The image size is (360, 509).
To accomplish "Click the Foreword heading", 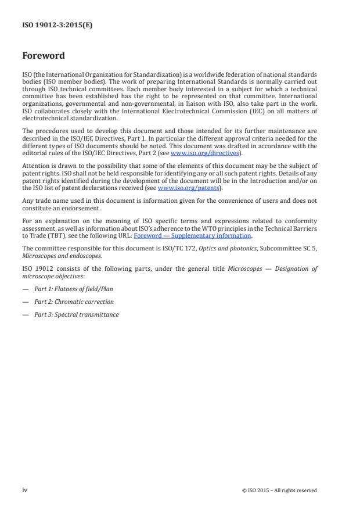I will point(43,56).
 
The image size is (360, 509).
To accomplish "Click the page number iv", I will point(24,490).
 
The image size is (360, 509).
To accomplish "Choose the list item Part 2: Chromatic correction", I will point(73,302).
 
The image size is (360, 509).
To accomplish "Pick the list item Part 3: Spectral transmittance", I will point(76,314).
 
